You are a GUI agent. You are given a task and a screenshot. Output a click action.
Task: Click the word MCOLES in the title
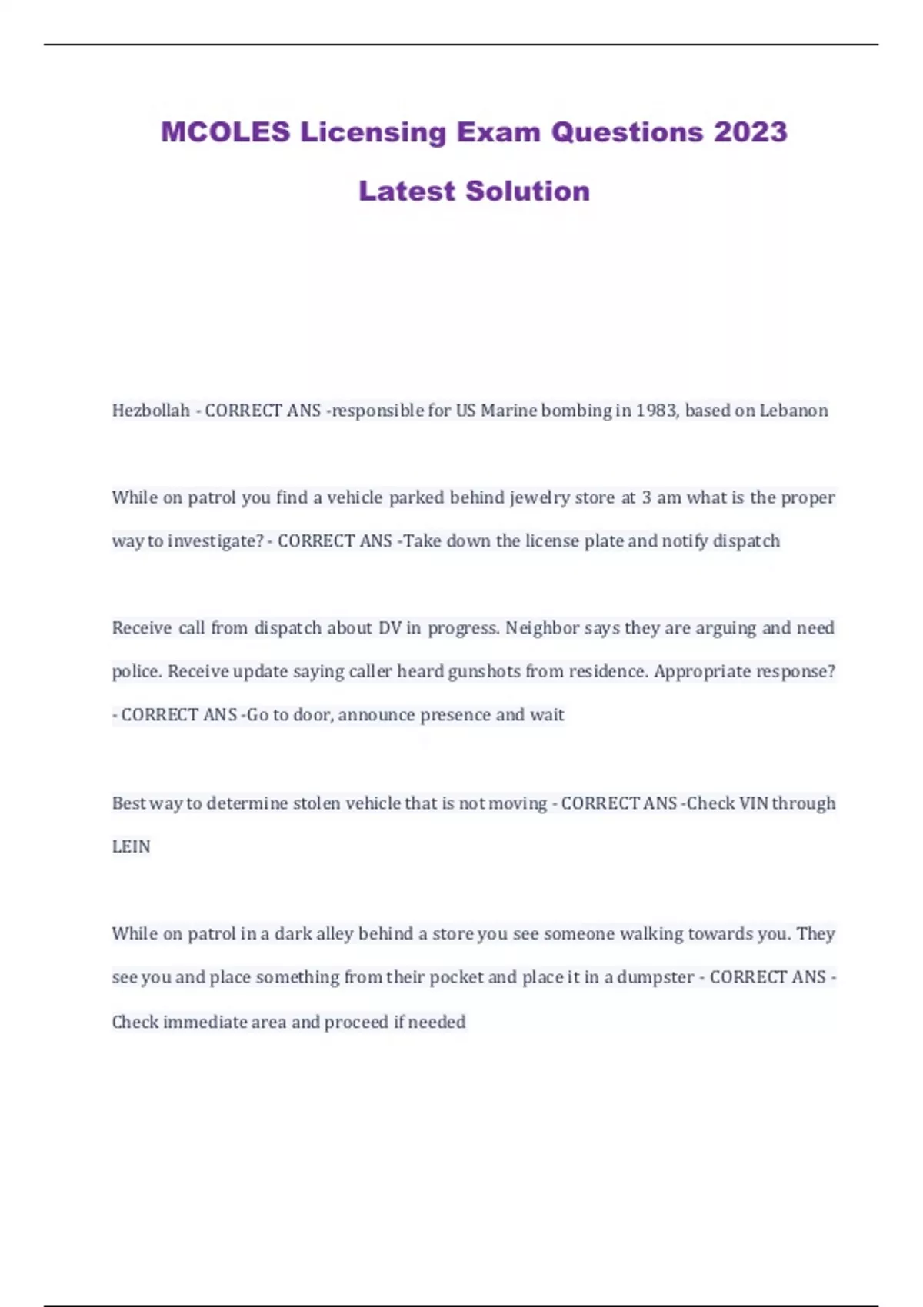click(x=225, y=132)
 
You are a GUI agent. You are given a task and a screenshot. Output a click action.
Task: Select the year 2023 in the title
click(x=750, y=132)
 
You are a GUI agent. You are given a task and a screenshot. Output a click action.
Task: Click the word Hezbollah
click(x=151, y=411)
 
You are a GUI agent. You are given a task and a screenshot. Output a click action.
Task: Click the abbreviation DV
click(x=390, y=628)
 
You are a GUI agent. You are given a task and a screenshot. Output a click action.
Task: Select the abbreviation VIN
click(x=753, y=803)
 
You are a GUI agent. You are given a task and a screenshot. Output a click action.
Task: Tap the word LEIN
click(x=132, y=846)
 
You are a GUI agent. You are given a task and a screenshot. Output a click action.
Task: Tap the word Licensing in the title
click(x=373, y=132)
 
